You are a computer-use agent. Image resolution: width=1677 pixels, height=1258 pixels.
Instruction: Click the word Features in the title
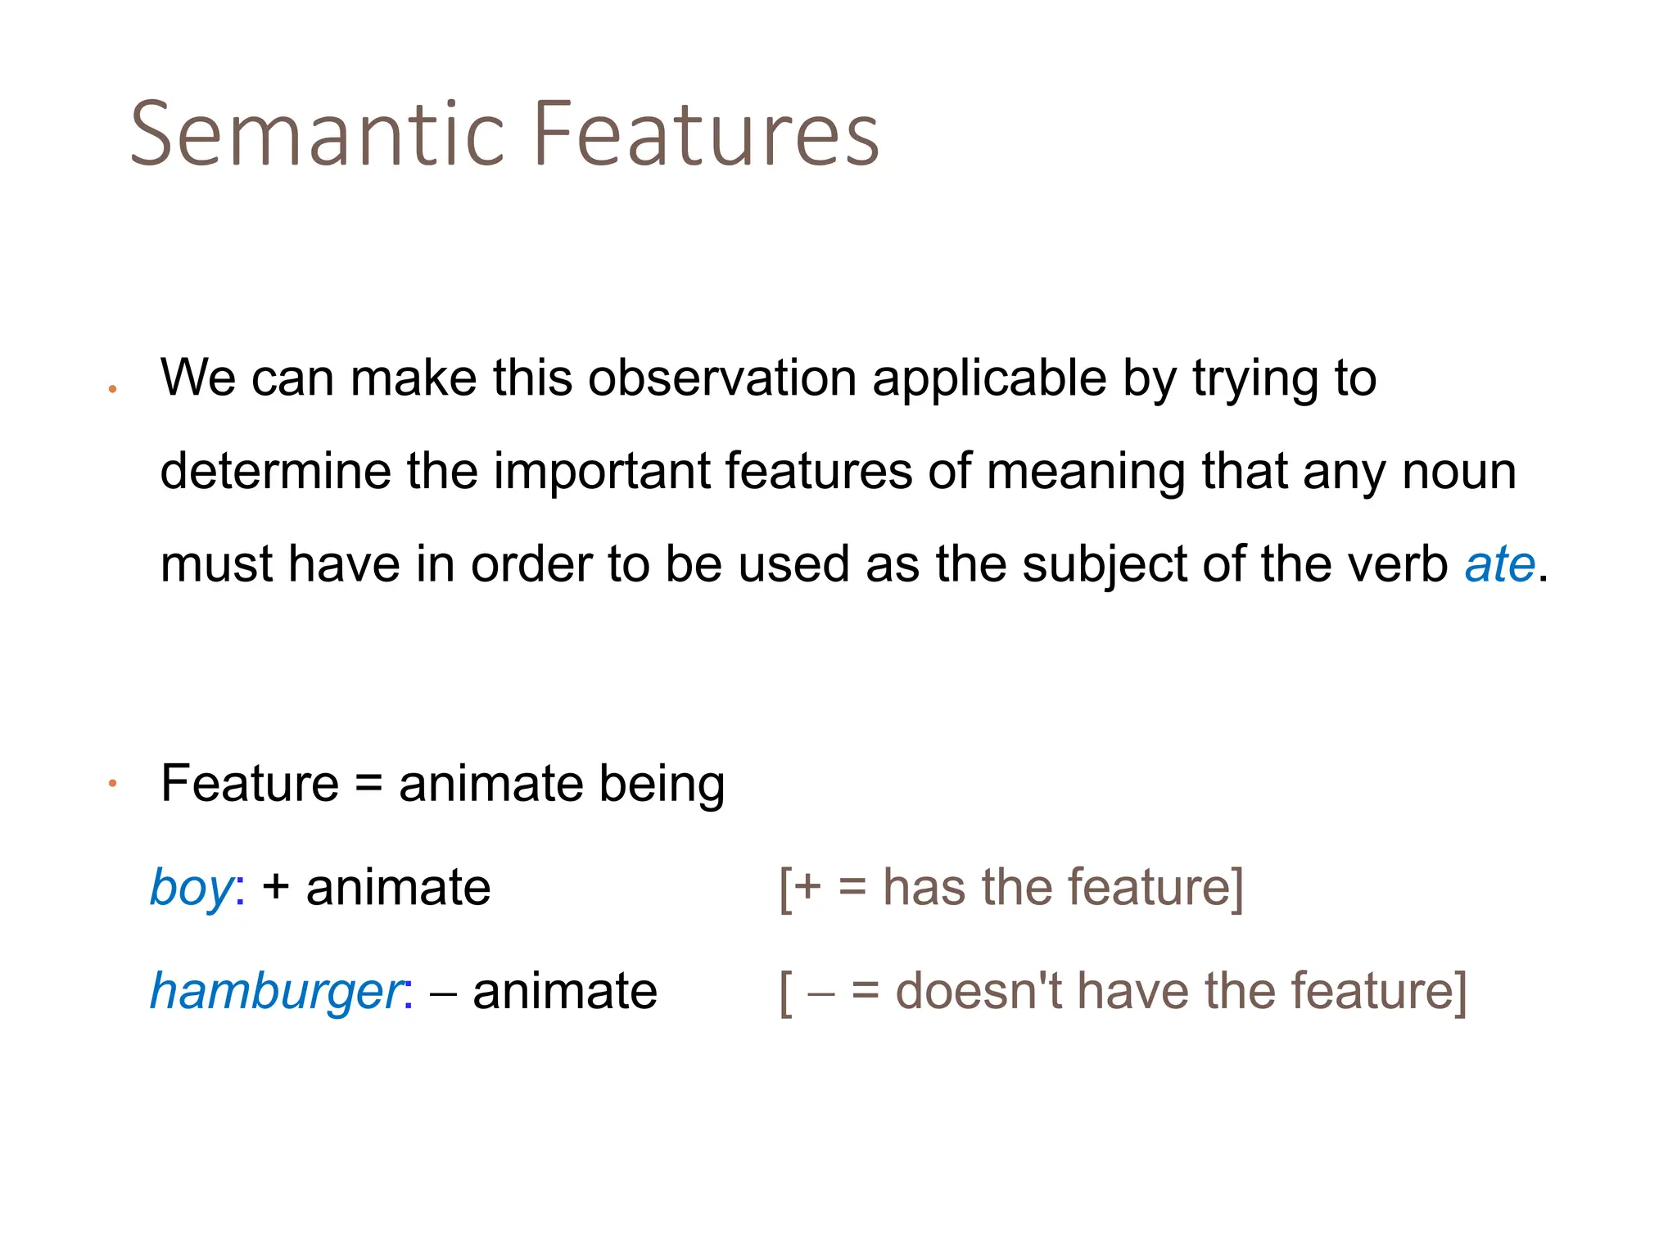pos(706,133)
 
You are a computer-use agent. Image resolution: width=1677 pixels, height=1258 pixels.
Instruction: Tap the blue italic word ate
pos(1499,564)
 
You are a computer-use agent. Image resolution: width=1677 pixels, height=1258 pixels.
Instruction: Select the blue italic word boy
pos(192,889)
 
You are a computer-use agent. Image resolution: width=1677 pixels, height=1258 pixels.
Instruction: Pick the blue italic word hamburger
pos(276,992)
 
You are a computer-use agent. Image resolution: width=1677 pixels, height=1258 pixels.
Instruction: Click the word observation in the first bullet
pos(722,378)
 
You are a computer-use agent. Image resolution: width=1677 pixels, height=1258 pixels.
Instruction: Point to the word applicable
pos(989,378)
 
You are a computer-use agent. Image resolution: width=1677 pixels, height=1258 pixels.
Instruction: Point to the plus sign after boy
pos(276,888)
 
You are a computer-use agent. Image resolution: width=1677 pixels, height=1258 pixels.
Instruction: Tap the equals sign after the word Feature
pos(368,784)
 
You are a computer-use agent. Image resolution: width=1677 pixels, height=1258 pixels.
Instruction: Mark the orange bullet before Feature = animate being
pos(113,785)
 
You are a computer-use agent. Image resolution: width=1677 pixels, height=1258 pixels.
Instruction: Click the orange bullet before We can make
pos(113,389)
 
